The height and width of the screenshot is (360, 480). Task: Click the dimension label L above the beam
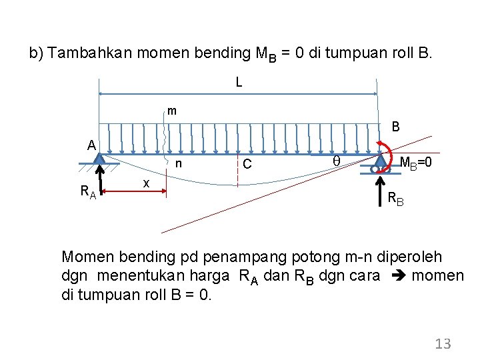(x=238, y=83)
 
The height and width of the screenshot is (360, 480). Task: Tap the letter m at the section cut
(x=172, y=111)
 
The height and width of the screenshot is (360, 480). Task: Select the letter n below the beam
(x=178, y=164)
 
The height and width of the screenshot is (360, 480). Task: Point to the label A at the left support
(x=91, y=145)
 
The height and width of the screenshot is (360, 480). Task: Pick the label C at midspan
(x=247, y=164)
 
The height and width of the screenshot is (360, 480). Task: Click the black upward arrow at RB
(x=381, y=184)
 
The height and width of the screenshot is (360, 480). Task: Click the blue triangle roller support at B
(x=381, y=160)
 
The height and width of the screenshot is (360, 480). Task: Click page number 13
(x=443, y=343)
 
